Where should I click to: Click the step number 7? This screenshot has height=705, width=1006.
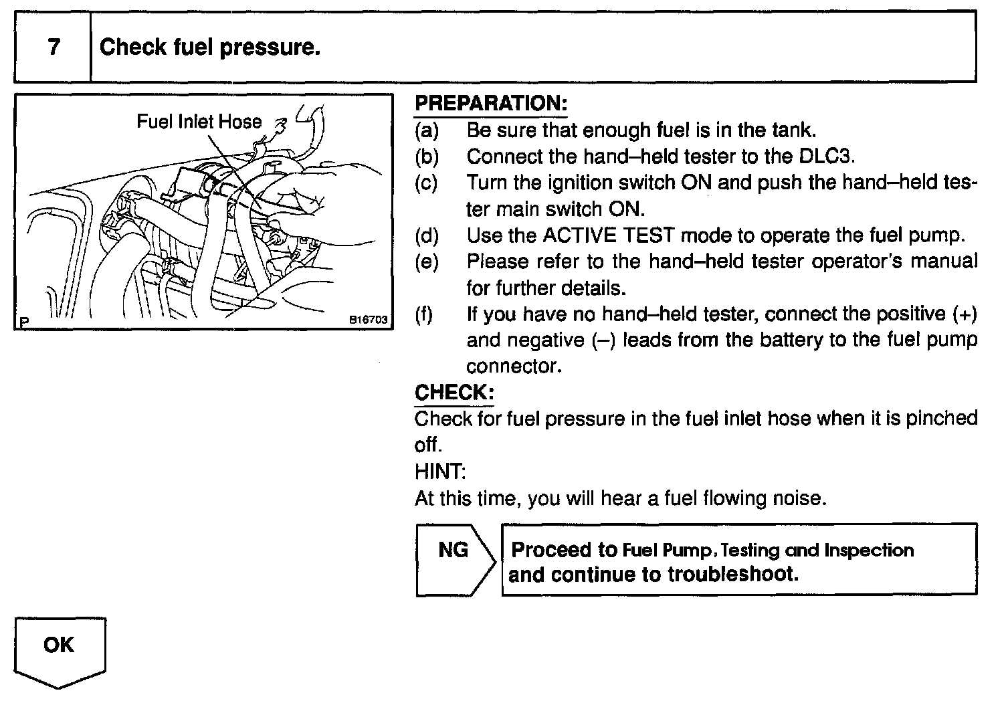[54, 47]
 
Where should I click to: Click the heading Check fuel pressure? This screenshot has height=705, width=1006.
[209, 47]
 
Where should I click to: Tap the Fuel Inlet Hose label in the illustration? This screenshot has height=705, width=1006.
[199, 122]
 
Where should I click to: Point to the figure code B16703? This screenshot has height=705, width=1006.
[369, 320]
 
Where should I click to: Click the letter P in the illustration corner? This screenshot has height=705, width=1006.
[24, 322]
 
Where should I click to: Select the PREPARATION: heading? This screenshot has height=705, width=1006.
[490, 104]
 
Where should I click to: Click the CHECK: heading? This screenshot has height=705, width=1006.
[454, 392]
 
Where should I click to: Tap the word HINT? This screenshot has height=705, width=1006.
[439, 472]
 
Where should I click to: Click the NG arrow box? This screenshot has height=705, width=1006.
[454, 559]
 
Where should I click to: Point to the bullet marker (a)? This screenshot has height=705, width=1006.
[426, 130]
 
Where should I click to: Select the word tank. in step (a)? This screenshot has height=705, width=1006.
[793, 130]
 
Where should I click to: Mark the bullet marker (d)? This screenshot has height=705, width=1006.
[426, 235]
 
